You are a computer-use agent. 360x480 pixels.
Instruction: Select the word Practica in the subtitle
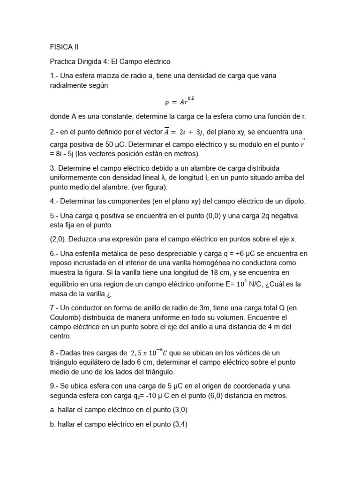point(64,61)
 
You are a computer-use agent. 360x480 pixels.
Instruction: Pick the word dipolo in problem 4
point(293,202)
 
